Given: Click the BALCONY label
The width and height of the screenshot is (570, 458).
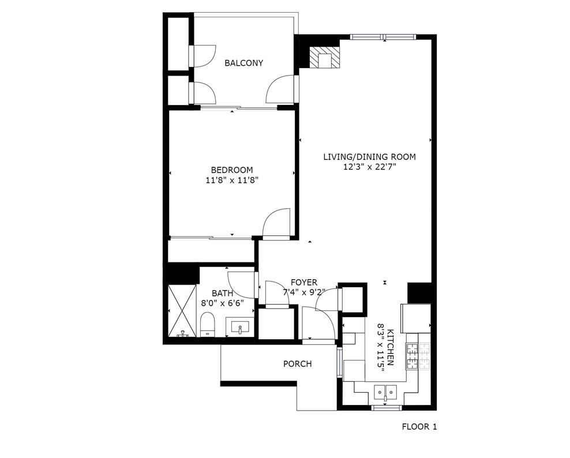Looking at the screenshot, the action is tap(243, 63).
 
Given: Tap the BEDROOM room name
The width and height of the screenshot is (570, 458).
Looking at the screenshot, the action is tap(232, 170).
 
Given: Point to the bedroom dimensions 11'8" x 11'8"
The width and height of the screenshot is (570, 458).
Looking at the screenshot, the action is tap(232, 180).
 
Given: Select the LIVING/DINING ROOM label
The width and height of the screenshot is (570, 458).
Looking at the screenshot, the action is tap(369, 157).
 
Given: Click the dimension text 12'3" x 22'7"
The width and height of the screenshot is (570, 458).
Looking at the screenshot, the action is tap(369, 167).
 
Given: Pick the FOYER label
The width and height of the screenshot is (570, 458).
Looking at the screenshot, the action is tap(304, 282).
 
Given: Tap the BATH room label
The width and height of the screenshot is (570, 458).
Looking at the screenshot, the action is tap(223, 293).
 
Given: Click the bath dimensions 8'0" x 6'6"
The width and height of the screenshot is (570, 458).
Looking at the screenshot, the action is tap(223, 302).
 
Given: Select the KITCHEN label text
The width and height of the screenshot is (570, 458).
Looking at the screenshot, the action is tap(391, 347).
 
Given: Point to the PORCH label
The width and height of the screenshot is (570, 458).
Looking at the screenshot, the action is tap(297, 364).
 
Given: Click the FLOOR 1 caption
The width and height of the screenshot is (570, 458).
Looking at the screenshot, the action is tap(419, 427).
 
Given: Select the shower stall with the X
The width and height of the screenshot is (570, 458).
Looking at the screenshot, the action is tap(182, 311).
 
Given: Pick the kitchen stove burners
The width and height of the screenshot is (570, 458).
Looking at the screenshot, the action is tap(418, 356).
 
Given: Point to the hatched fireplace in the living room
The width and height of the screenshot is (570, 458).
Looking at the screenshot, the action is tap(324, 57).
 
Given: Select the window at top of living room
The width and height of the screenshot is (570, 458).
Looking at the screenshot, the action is tap(382, 36).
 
